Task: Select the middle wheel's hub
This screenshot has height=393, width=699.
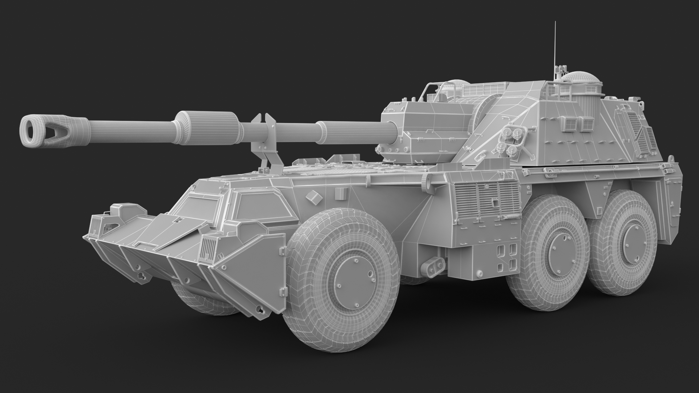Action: [x=561, y=251]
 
